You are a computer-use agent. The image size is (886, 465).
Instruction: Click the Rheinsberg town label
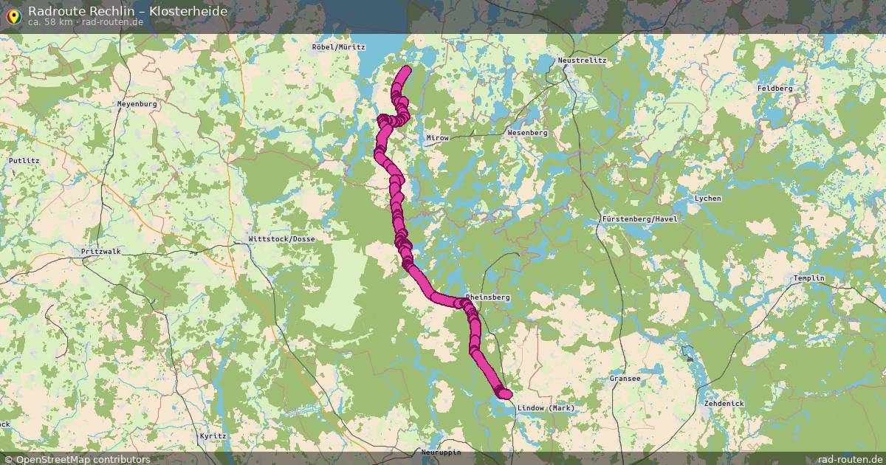(488, 297)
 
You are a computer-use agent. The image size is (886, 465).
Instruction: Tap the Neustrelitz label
(582, 60)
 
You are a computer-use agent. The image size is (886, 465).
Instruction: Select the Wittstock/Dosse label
(281, 239)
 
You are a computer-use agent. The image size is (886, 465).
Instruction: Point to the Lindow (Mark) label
(546, 408)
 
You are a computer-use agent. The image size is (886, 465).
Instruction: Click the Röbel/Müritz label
(339, 46)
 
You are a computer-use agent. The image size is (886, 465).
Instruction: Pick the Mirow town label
(438, 138)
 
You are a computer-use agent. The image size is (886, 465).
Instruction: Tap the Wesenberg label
(527, 133)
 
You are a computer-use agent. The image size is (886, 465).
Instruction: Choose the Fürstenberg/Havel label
(639, 219)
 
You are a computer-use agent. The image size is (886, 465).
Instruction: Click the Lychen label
(708, 199)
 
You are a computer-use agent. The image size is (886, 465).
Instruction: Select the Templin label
(808, 278)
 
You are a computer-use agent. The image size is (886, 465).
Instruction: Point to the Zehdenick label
(724, 404)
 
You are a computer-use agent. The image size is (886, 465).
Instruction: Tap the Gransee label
(625, 379)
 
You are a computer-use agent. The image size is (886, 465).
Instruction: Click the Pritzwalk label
(100, 252)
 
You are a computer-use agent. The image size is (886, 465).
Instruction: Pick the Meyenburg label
(137, 104)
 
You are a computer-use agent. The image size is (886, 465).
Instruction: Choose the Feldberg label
(775, 89)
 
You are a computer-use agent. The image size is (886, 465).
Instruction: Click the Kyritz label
(213, 436)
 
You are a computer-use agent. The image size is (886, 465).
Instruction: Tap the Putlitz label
(24, 160)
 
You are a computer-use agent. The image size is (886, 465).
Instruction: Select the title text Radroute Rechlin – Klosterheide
(128, 10)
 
